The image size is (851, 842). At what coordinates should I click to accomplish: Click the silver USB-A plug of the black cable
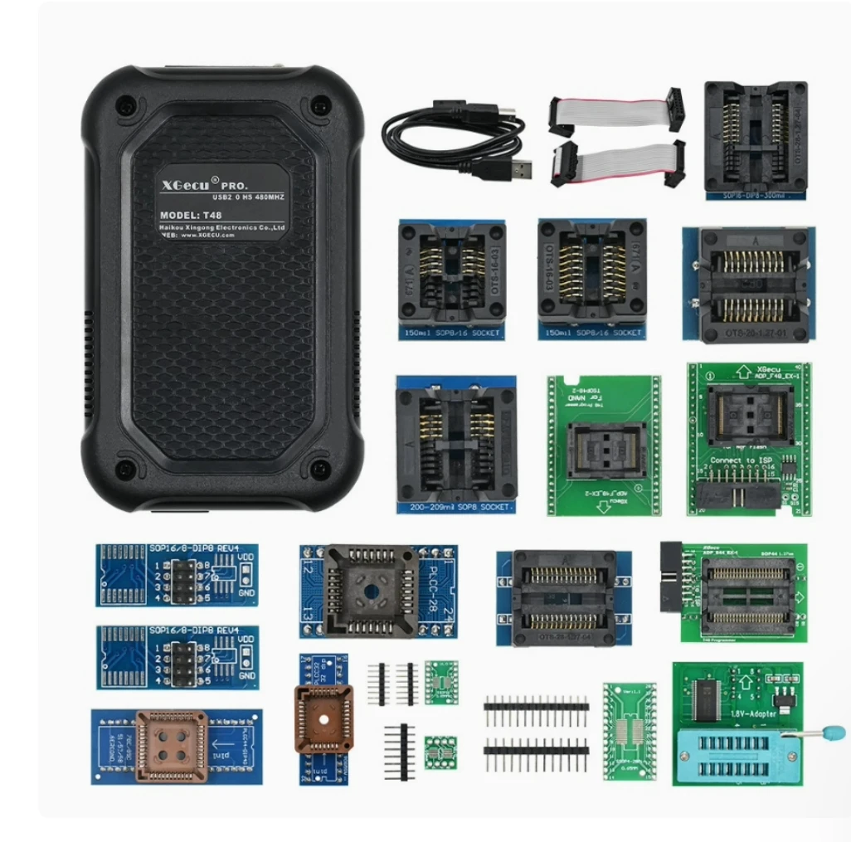tap(515, 170)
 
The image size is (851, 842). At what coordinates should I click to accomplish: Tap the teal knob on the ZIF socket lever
tap(834, 732)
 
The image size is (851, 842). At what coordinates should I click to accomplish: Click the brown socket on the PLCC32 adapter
tap(323, 718)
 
